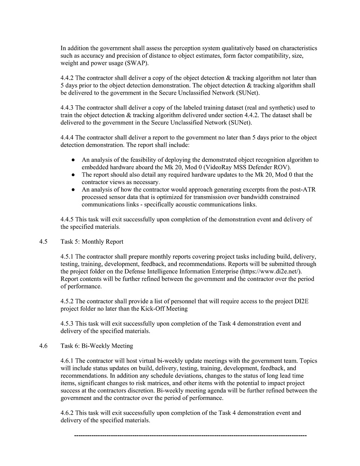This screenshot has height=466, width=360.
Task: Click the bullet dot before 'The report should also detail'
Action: [74, 175]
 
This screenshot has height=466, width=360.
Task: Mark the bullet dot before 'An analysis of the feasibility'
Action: [74, 160]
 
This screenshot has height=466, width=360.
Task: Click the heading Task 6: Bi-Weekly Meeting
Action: [97, 346]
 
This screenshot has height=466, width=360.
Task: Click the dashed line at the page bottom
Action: [190, 435]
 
